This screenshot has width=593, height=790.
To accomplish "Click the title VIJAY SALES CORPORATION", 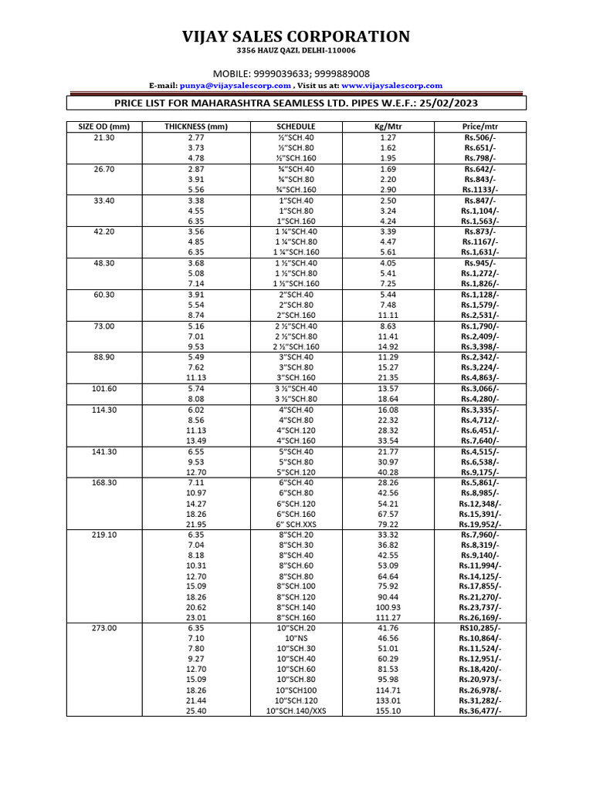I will coord(296,36).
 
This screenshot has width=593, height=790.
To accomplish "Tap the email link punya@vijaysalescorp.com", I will coord(235,86).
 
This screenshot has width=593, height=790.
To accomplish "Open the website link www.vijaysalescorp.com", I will coord(391,86).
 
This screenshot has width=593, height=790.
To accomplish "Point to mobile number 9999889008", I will coord(344,73).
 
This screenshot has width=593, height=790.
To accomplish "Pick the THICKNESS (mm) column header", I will coord(196,127).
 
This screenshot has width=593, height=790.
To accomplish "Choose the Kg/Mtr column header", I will coord(388,127).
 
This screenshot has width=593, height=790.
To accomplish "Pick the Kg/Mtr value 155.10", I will coord(388,711).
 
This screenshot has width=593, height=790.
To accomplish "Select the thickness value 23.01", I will coord(196,617).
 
